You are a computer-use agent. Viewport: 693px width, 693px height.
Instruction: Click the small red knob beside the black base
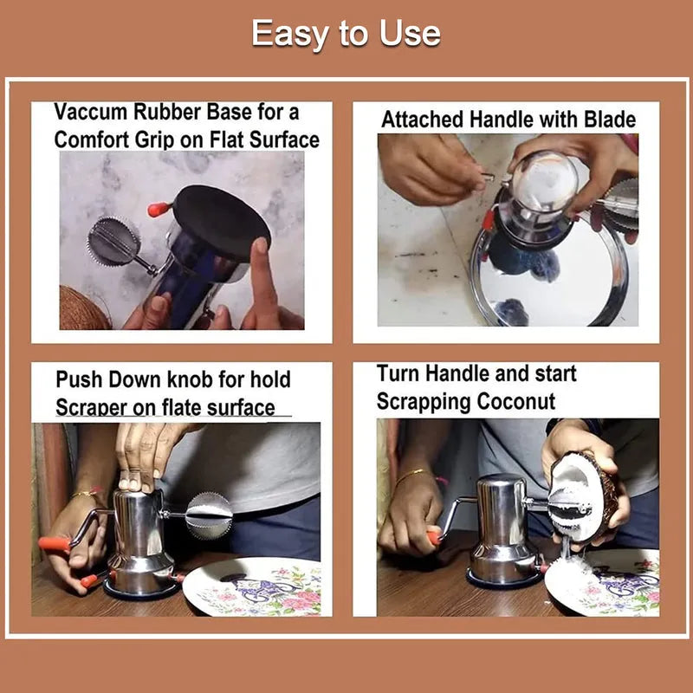(159, 210)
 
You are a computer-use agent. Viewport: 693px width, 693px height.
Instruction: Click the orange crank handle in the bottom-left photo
(54, 544)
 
